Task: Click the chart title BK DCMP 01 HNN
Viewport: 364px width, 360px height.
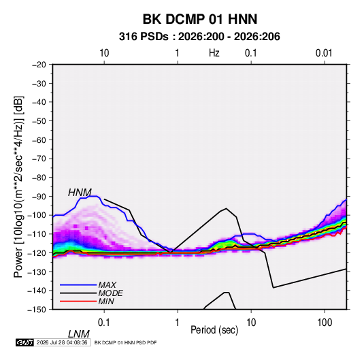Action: pyautogui.click(x=200, y=19)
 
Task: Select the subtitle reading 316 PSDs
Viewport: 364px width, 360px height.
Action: pyautogui.click(x=144, y=37)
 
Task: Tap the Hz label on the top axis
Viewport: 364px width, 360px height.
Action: pyautogui.click(x=214, y=53)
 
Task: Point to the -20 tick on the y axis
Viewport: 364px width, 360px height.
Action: pyautogui.click(x=39, y=65)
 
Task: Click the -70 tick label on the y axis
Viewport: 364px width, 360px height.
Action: pyautogui.click(x=39, y=159)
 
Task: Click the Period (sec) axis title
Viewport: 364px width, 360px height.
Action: pyautogui.click(x=214, y=330)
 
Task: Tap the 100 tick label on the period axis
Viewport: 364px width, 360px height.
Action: pyautogui.click(x=325, y=323)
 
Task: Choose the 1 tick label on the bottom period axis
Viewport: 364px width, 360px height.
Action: pyautogui.click(x=178, y=323)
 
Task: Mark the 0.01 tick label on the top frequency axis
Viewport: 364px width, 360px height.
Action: pyautogui.click(x=324, y=53)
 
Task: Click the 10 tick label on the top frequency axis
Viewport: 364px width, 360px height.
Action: pyautogui.click(x=104, y=53)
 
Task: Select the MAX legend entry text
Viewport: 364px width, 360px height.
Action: pyautogui.click(x=107, y=284)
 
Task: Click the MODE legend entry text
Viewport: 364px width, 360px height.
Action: pyautogui.click(x=110, y=293)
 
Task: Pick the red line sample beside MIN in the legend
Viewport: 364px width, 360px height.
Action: pyautogui.click(x=78, y=301)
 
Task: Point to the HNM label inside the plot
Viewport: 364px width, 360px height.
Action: pyautogui.click(x=80, y=193)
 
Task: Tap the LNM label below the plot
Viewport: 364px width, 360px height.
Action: pyautogui.click(x=79, y=334)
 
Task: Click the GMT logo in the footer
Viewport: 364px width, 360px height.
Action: pyautogui.click(x=25, y=342)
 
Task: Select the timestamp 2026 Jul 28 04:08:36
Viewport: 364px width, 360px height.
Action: pyautogui.click(x=62, y=342)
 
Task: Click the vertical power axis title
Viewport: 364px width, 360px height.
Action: pyautogui.click(x=18, y=186)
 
